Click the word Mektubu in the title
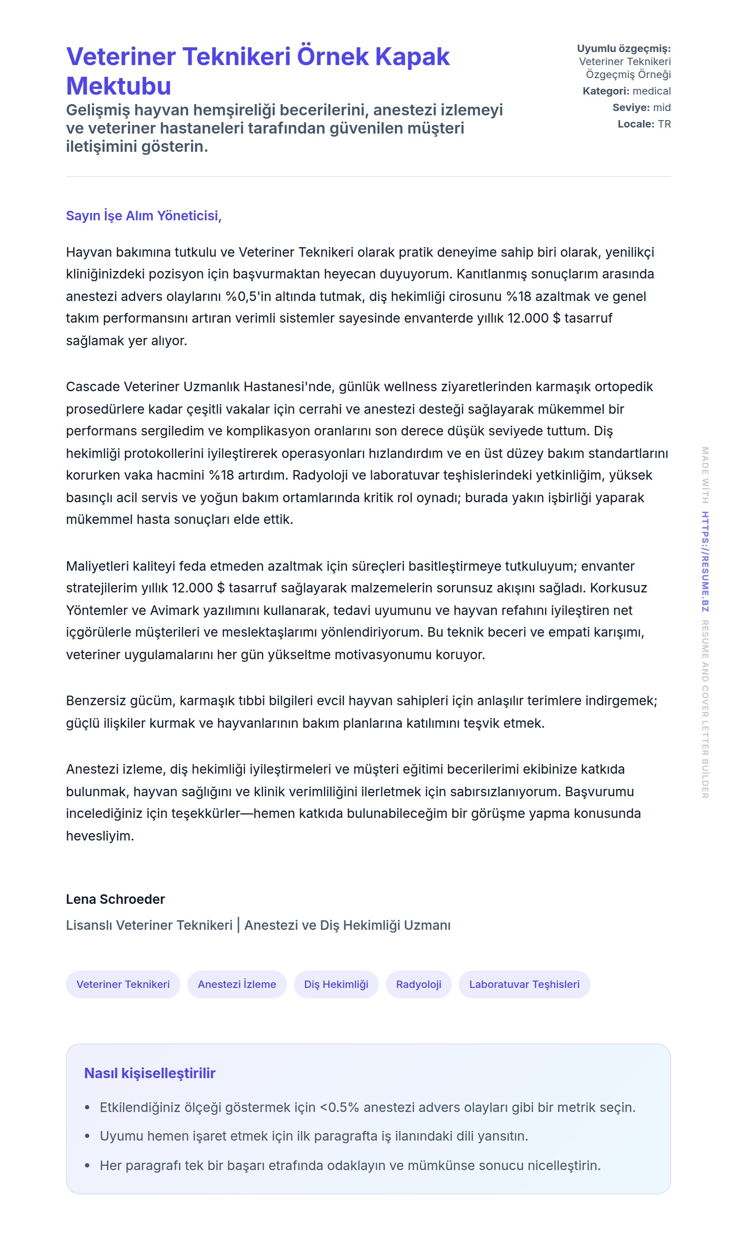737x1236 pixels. coord(119,86)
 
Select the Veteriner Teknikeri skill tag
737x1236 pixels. coord(123,984)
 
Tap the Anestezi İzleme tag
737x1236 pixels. coord(237,984)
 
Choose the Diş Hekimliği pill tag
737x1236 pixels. coord(336,984)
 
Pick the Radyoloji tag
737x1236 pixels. coord(419,984)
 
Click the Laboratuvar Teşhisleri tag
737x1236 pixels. coord(524,984)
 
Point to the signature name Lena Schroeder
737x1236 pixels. coord(115,899)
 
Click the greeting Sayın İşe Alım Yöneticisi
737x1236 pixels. coord(143,216)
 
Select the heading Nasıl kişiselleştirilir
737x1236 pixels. coord(150,1073)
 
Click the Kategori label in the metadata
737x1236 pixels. coord(605,91)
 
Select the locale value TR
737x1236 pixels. coord(665,124)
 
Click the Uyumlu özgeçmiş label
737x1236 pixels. coord(623,49)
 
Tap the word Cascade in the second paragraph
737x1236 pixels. coord(93,386)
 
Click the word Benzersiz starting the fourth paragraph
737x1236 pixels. coord(96,700)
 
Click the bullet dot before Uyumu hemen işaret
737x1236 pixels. coord(88,1136)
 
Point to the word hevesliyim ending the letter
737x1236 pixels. coord(99,836)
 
